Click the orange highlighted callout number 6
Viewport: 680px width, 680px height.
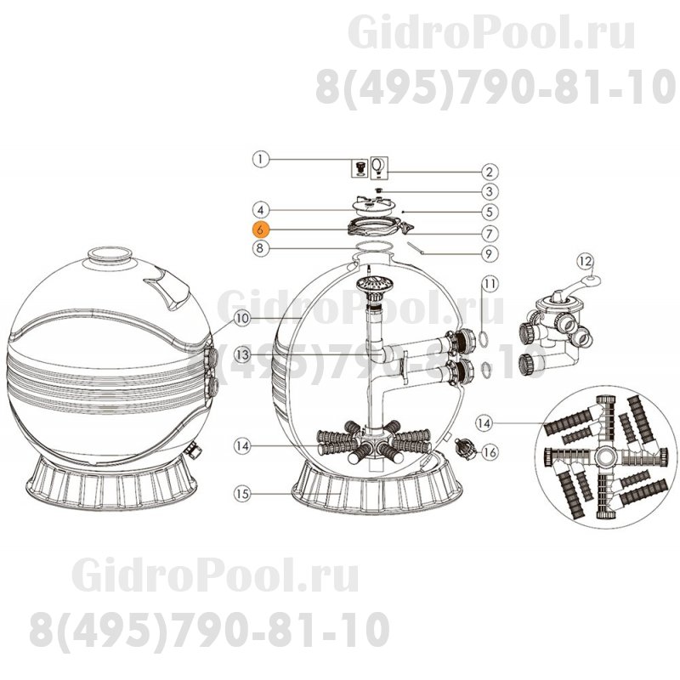coord(261,229)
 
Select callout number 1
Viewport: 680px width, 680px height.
coord(261,157)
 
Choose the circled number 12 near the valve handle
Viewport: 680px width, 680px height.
coord(584,259)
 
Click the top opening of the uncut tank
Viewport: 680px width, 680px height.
coord(109,252)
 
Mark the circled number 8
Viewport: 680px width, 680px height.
coord(261,249)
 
